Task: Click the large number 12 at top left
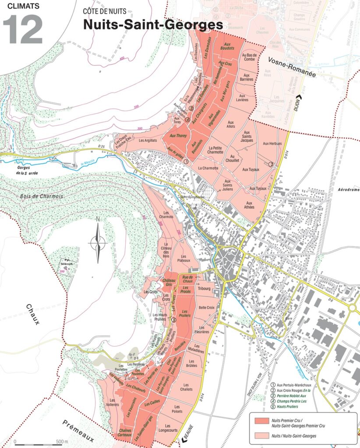pyautogui.click(x=23, y=29)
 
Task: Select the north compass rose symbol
pyautogui.click(x=98, y=240)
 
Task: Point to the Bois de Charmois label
pyautogui.click(x=41, y=196)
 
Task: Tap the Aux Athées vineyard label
pyautogui.click(x=249, y=205)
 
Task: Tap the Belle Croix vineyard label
pyautogui.click(x=207, y=308)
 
